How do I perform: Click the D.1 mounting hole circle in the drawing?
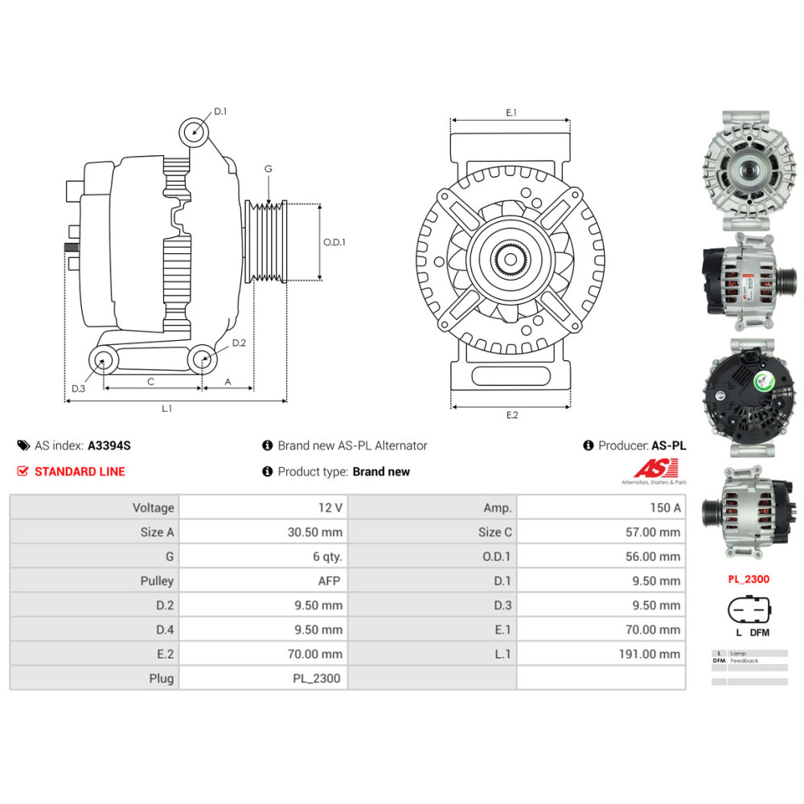click(193, 131)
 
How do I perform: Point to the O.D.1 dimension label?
click(334, 242)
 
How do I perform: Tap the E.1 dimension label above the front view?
click(511, 113)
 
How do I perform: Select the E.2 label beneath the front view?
click(512, 415)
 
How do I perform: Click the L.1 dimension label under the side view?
click(166, 408)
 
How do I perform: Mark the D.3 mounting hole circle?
click(102, 361)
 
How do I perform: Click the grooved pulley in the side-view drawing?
click(266, 241)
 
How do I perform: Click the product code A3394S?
click(109, 445)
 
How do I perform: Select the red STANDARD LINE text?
click(80, 472)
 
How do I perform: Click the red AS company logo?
click(656, 469)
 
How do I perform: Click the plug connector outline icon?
click(748, 610)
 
